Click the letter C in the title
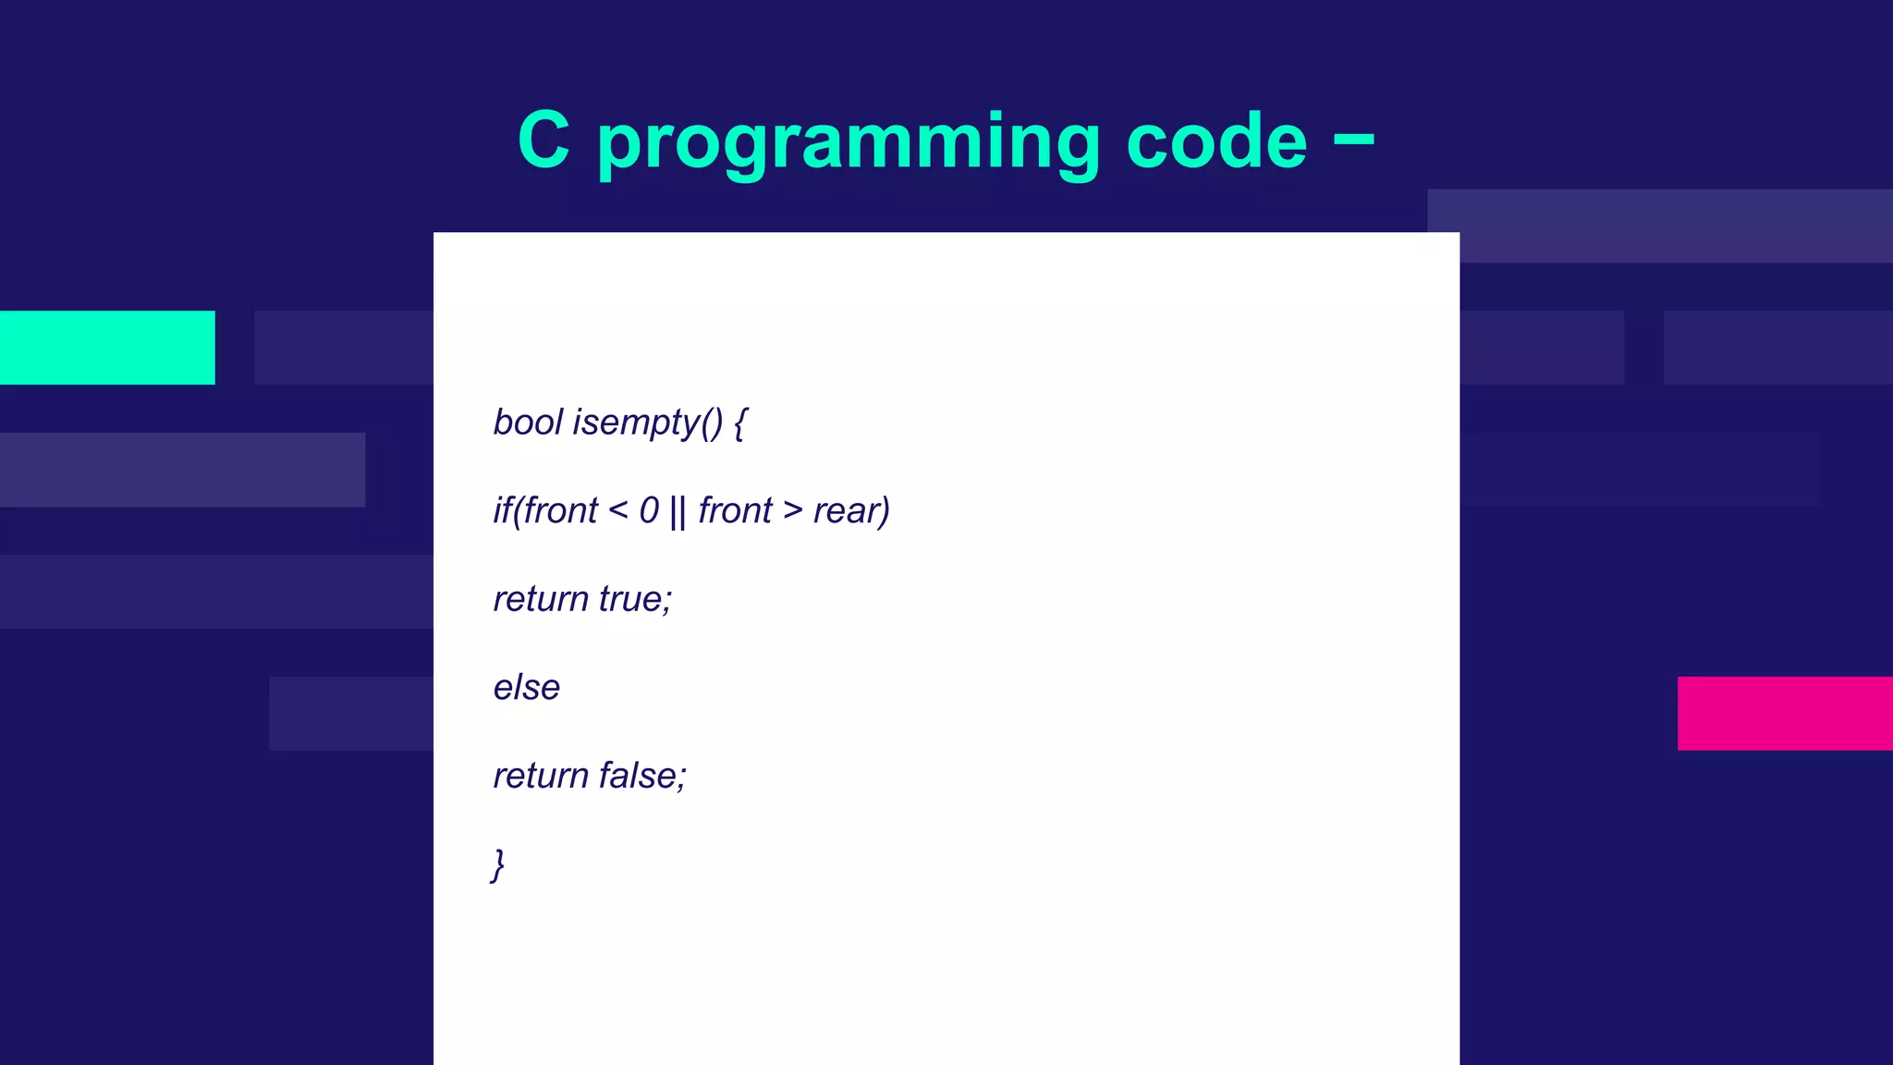click(543, 140)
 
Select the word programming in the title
click(849, 143)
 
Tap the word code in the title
click(1216, 141)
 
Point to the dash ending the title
click(1354, 140)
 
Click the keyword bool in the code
click(528, 422)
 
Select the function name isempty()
click(648, 423)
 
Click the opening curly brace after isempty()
click(739, 423)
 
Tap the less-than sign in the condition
click(618, 509)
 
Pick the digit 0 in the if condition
click(649, 510)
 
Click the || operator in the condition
click(678, 511)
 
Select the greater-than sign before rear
click(792, 509)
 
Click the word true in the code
click(635, 599)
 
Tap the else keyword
click(527, 688)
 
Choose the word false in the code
click(641, 776)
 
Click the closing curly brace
click(498, 865)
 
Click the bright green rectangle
click(107, 348)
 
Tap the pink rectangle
click(1785, 713)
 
